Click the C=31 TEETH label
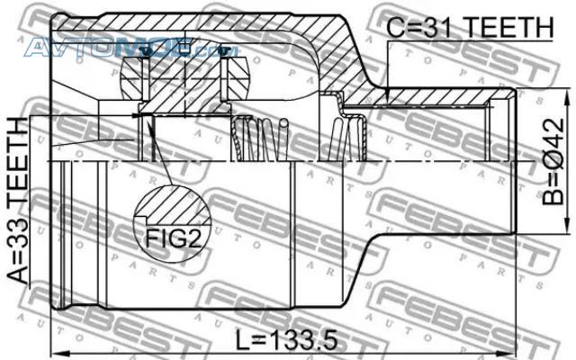470,27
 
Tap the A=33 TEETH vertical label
18,201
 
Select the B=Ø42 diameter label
553,161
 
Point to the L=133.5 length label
286,340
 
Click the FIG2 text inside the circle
174,238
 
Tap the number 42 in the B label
553,133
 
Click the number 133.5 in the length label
303,340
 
